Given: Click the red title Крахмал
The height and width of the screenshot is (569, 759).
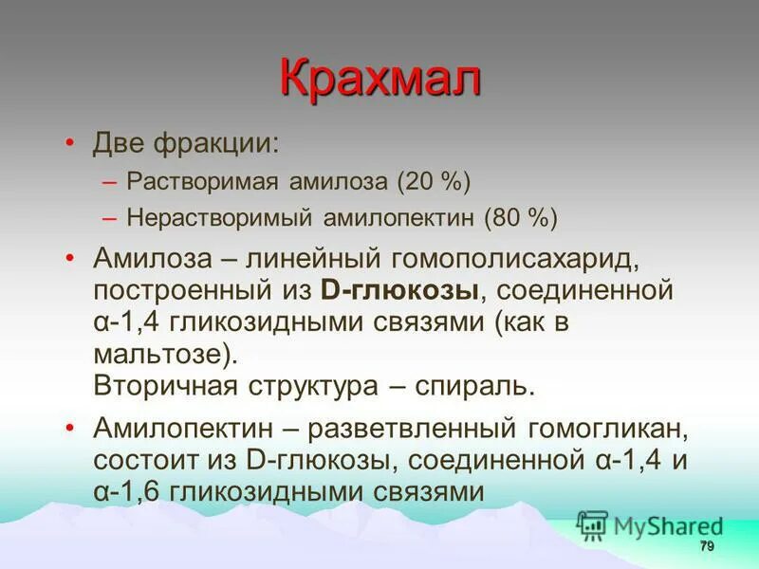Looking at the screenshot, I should click(379, 78).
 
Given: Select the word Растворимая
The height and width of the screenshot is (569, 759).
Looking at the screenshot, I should click(195, 181).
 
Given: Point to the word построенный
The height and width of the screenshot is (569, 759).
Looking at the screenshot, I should click(181, 290).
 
